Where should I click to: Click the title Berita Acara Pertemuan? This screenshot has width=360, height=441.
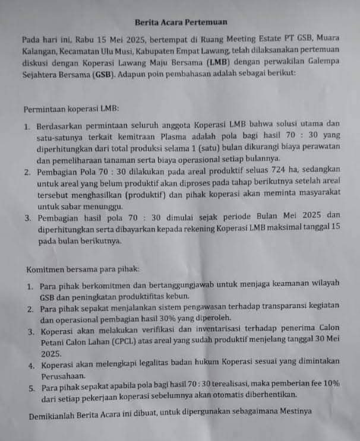point(181,22)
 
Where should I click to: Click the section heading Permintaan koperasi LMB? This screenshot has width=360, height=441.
point(71,110)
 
